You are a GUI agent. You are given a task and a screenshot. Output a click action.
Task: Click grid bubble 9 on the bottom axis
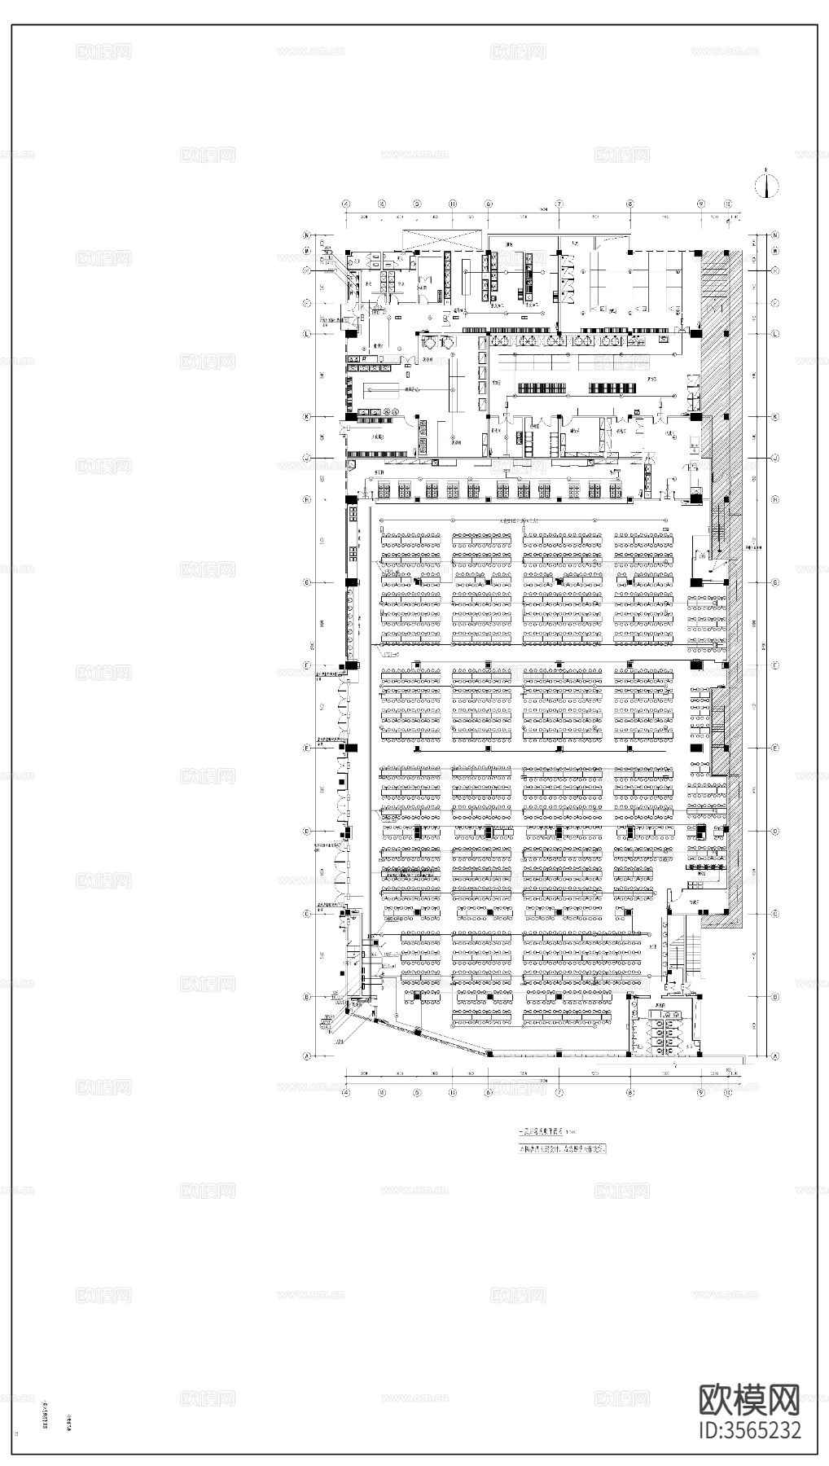700,1092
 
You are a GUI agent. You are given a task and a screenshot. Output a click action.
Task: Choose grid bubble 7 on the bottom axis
559,1092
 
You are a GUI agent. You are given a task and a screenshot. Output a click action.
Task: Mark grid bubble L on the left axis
308,334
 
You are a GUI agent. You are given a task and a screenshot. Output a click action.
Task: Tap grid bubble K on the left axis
308,417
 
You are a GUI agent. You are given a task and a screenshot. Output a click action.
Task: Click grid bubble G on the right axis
775,582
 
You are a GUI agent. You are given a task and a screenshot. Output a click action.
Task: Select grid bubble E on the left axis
308,748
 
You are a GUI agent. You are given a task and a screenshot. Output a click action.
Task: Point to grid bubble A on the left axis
308,1056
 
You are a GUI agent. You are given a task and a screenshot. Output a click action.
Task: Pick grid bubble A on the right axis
775,1056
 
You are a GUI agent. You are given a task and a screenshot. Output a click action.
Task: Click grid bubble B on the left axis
308,997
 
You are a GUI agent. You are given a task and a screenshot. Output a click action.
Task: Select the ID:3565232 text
750,1430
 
